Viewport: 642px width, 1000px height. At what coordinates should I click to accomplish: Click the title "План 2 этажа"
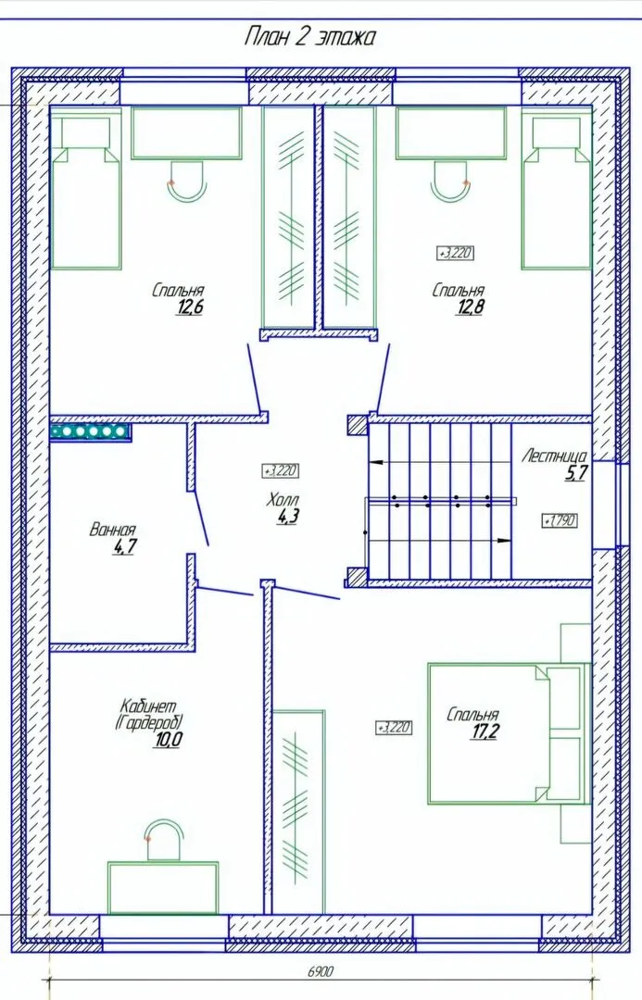click(309, 38)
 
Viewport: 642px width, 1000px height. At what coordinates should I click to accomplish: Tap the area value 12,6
click(190, 307)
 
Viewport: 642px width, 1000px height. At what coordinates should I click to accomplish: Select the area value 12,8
click(470, 307)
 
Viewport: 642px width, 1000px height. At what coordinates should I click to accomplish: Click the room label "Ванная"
click(113, 530)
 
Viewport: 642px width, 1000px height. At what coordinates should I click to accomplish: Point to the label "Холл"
click(283, 500)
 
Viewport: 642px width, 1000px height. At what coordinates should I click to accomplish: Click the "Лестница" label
click(554, 456)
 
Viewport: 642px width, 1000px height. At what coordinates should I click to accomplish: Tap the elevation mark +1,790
click(559, 520)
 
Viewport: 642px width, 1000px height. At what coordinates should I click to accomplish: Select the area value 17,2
click(485, 731)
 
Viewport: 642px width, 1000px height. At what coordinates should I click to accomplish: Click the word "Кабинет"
click(148, 706)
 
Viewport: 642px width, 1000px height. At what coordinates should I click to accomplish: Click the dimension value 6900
click(321, 972)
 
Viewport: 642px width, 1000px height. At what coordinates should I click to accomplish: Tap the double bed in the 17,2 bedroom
click(508, 733)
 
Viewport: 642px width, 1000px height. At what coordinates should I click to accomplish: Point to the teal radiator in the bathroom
click(90, 431)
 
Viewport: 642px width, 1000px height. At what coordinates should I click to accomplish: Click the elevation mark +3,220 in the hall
click(281, 470)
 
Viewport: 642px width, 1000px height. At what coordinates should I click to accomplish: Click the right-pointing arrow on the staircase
click(504, 541)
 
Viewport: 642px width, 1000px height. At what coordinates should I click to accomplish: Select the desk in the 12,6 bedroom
click(186, 132)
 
